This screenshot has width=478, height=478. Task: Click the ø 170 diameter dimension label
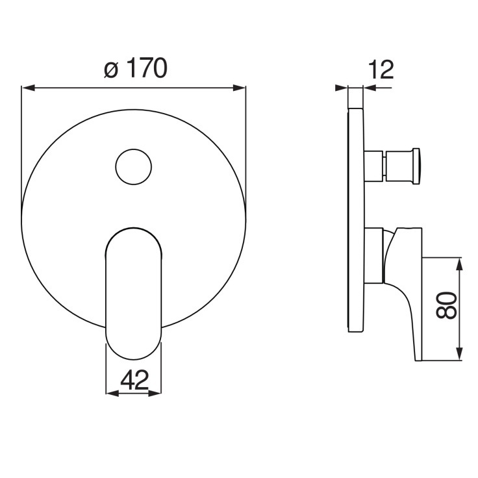[x=136, y=68]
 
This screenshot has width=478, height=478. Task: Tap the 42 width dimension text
[x=134, y=380]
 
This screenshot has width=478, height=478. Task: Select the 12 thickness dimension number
[x=381, y=69]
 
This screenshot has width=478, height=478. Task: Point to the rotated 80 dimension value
[x=446, y=305]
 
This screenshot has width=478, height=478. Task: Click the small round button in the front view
[x=134, y=167]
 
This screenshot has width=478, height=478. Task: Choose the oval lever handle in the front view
[x=133, y=294]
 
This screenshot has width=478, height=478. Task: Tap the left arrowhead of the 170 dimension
[x=28, y=88]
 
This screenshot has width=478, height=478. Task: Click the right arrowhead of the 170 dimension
[x=239, y=88]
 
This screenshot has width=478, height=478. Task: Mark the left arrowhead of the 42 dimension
[x=112, y=394]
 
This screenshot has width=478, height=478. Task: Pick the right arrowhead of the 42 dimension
[x=155, y=394]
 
